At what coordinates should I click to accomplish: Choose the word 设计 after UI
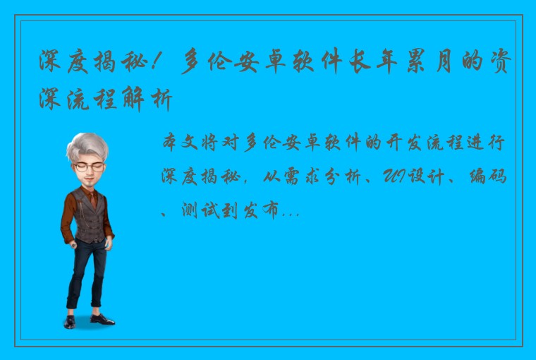[420, 176]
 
